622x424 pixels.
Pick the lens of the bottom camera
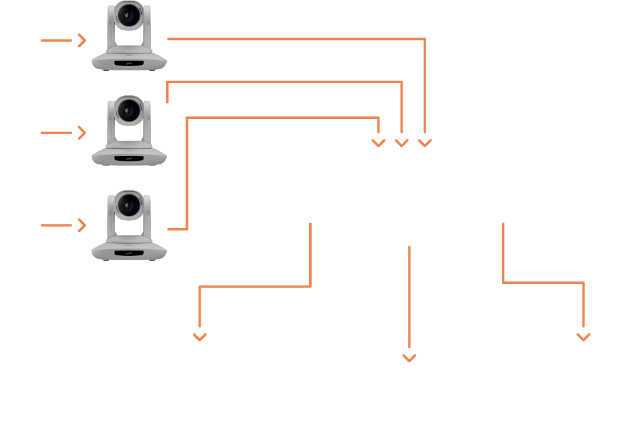[x=129, y=206]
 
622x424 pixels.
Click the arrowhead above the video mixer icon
[x=410, y=357]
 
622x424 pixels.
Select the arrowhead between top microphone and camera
[x=81, y=41]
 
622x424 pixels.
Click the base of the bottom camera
[x=129, y=249]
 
